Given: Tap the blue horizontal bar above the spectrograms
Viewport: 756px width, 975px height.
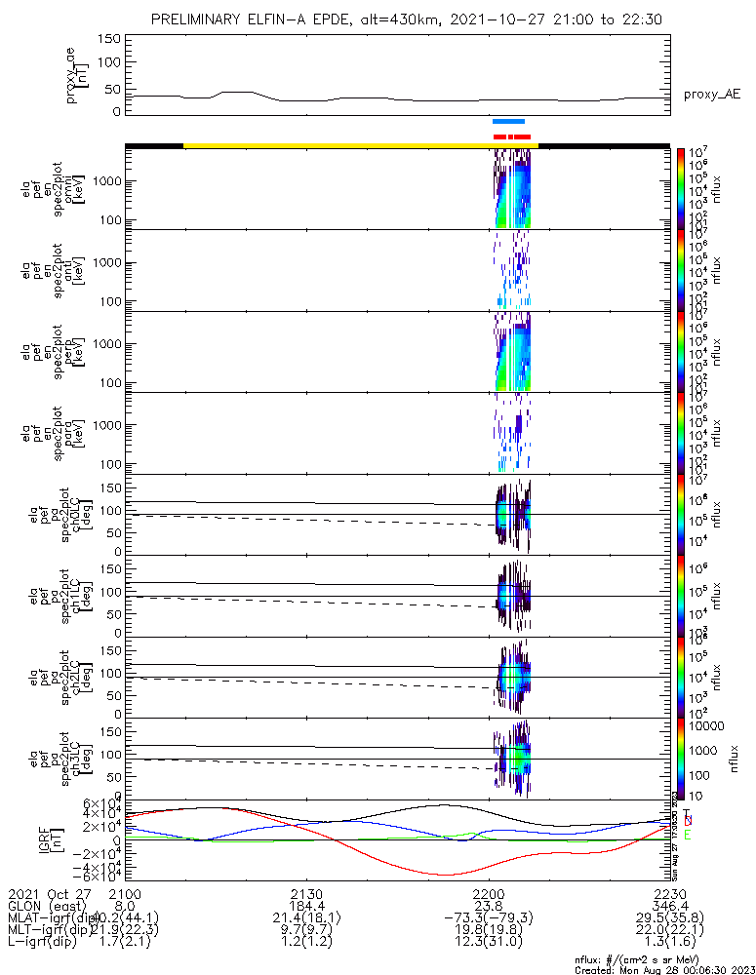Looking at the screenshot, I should click(x=509, y=121).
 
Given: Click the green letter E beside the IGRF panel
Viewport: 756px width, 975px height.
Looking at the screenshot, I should click(x=687, y=836).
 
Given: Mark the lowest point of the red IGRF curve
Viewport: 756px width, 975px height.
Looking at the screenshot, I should click(x=444, y=875).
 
